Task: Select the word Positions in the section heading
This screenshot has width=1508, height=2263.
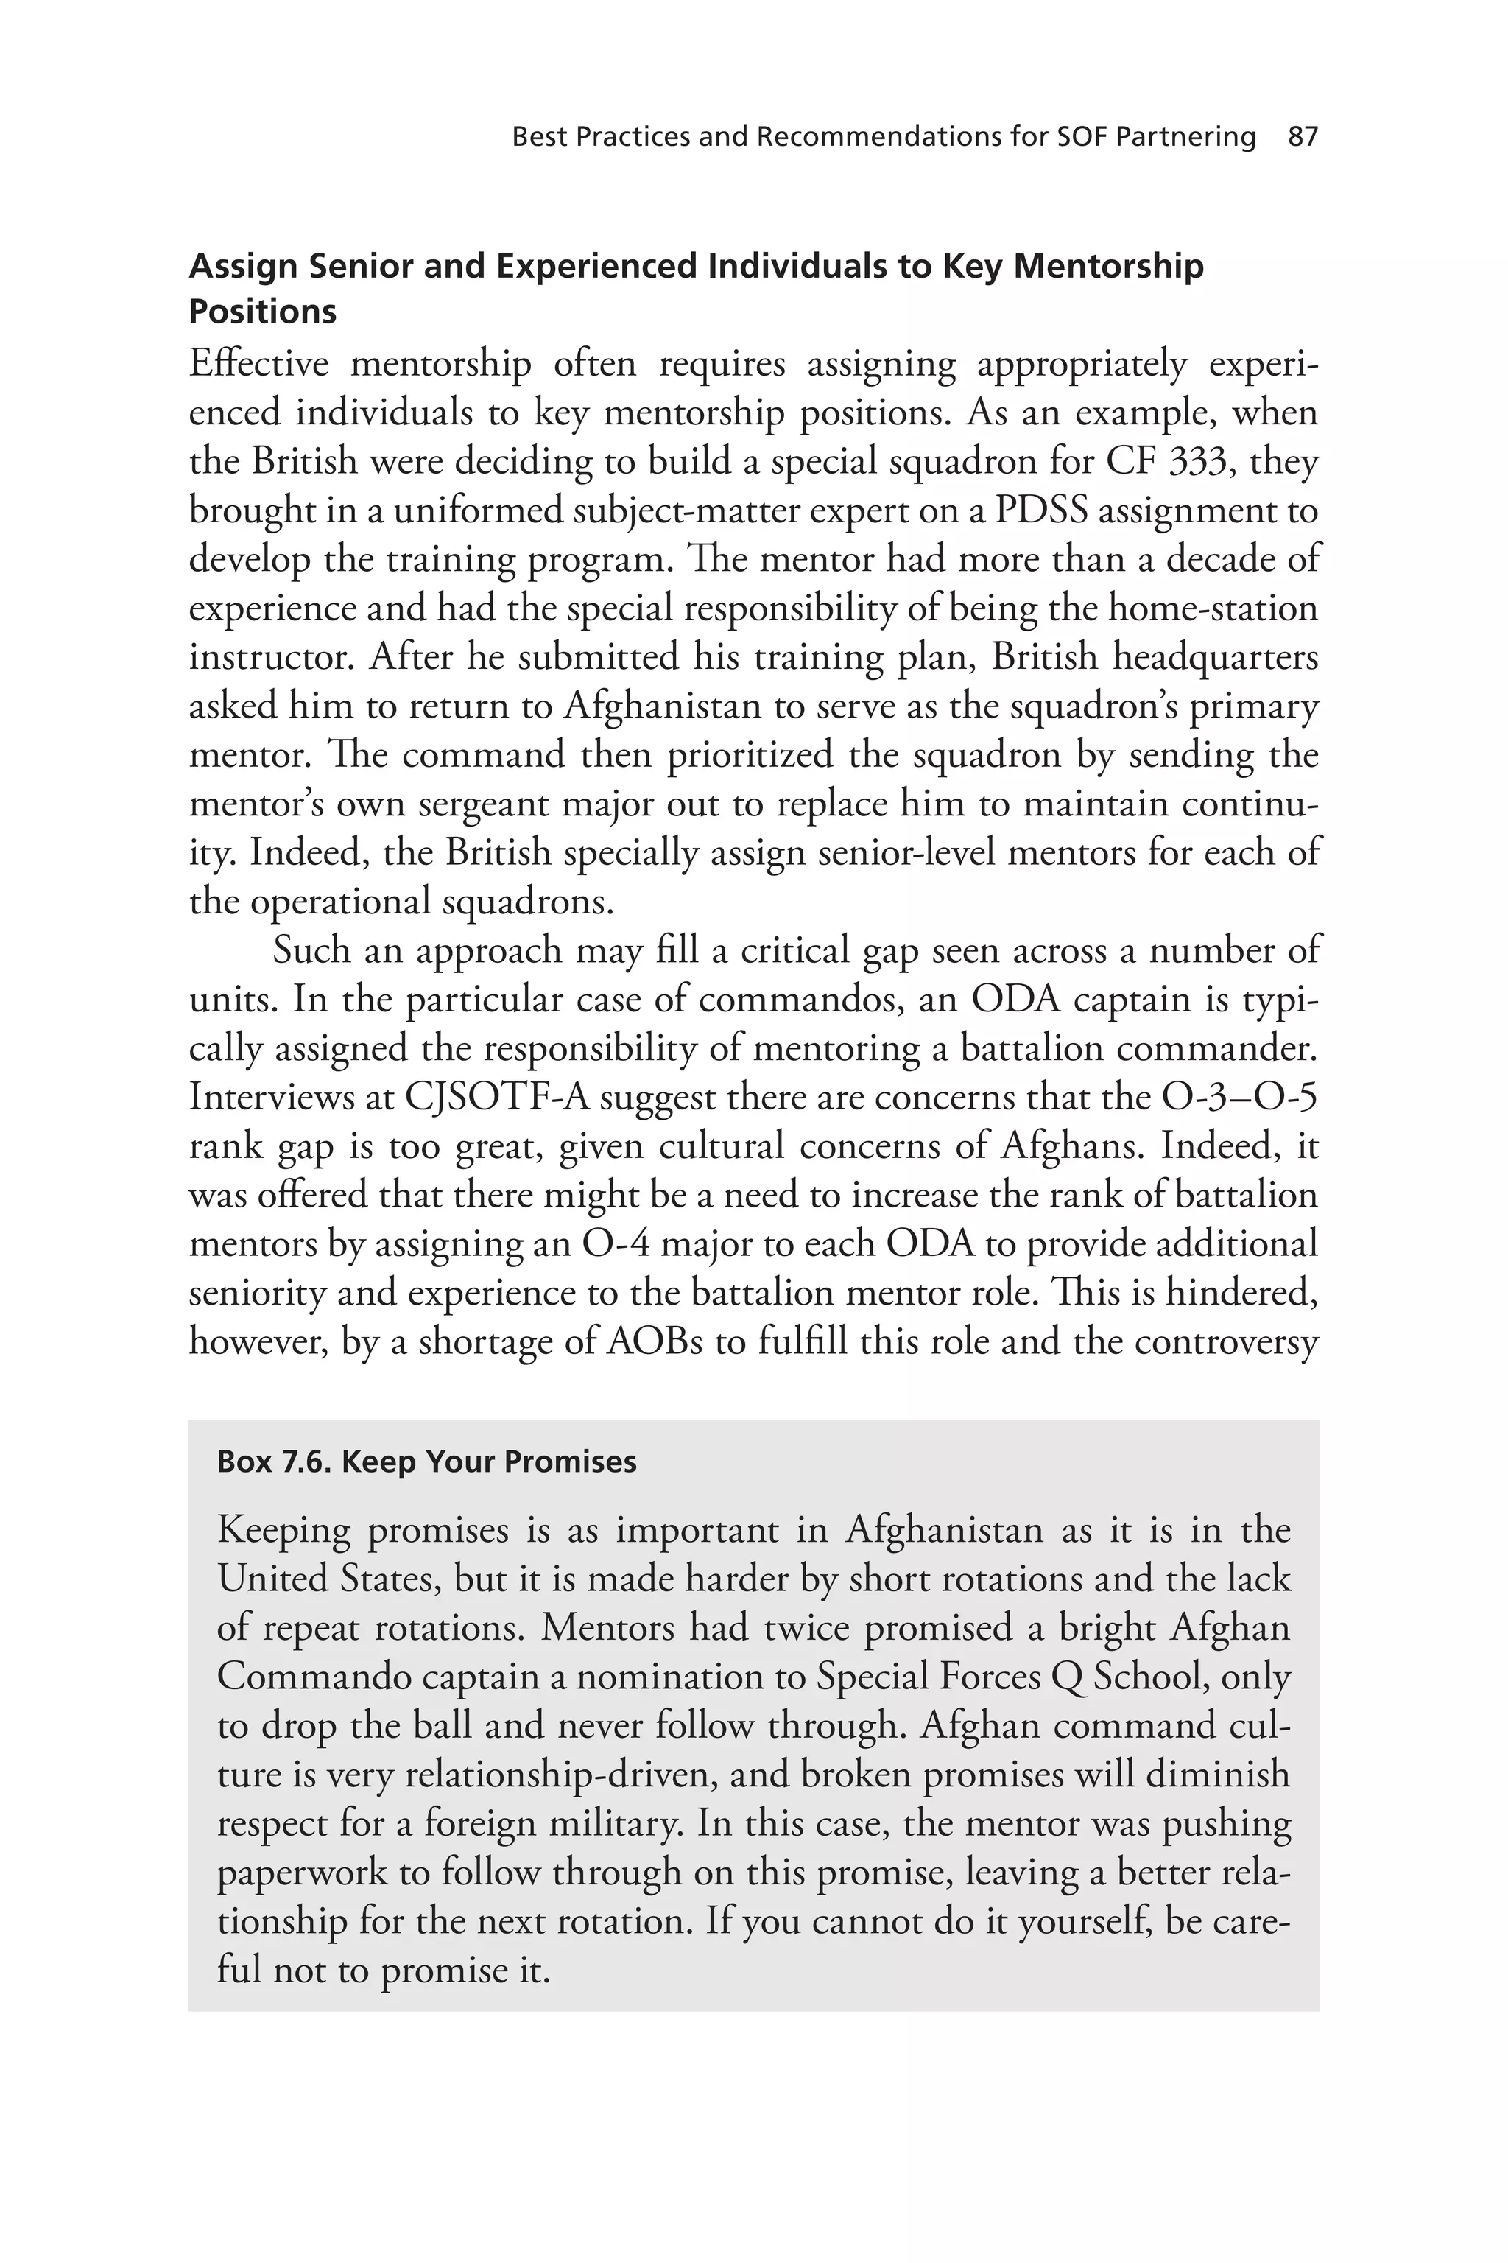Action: click(263, 312)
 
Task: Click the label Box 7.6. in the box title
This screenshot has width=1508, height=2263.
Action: click(275, 1462)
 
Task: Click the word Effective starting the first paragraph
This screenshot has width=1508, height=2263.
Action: click(258, 365)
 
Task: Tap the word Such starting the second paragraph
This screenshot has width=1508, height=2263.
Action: click(311, 950)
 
